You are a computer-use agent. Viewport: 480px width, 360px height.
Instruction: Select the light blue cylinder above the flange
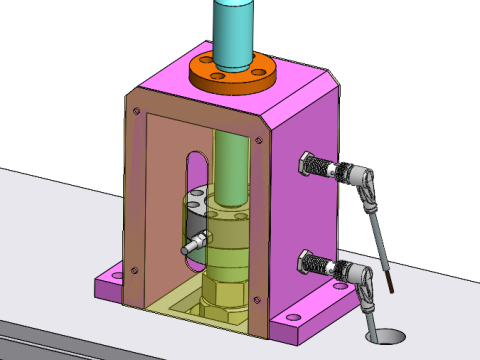(x=234, y=30)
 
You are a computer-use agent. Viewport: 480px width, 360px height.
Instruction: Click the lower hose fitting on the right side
(x=320, y=265)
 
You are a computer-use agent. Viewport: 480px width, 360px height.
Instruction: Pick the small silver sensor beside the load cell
(x=197, y=242)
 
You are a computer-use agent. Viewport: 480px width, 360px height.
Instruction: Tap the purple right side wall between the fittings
(x=320, y=215)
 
